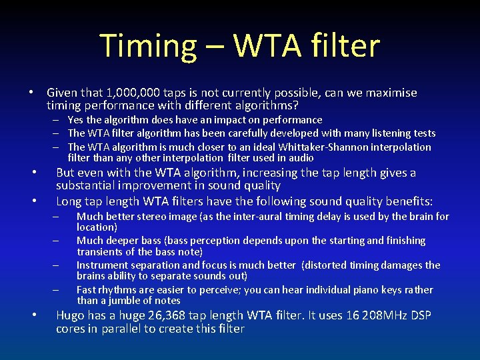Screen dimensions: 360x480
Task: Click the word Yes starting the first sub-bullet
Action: tap(75, 120)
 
